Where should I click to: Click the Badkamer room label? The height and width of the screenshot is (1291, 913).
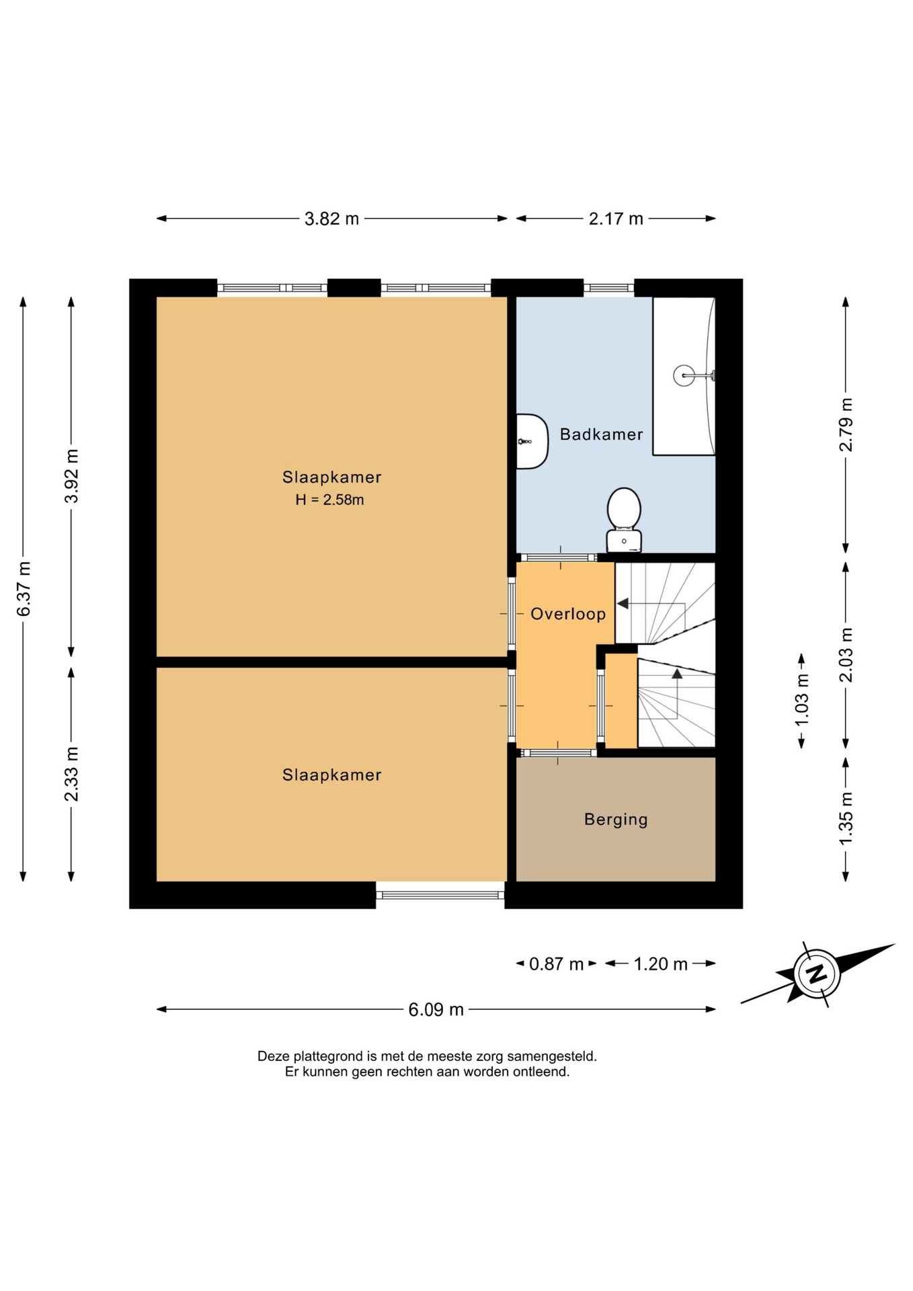tap(601, 434)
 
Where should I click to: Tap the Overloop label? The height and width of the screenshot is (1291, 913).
tap(568, 614)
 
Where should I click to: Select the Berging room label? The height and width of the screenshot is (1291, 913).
tap(616, 820)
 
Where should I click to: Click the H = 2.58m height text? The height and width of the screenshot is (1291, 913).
tap(329, 500)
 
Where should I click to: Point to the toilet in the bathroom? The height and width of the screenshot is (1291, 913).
tap(624, 520)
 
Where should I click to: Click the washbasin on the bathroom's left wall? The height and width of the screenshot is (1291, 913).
tap(532, 441)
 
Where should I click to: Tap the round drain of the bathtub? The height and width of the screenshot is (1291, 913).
tap(684, 375)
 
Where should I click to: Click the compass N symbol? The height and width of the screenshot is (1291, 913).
tap(817, 974)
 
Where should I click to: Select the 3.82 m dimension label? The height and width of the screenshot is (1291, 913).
tap(331, 219)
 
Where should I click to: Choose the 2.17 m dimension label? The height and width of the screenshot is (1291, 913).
tap(616, 219)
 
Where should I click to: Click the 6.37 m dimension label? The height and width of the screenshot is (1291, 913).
tap(24, 588)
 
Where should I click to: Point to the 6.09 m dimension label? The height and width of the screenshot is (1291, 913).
tap(436, 1009)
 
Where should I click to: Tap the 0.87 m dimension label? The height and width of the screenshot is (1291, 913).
tap(556, 964)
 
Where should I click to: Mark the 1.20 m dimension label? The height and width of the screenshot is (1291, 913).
tap(660, 964)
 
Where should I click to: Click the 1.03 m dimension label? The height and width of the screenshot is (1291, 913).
tap(801, 700)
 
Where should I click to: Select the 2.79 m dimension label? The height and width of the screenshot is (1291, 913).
tap(846, 424)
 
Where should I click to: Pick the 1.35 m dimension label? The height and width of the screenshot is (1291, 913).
tap(846, 818)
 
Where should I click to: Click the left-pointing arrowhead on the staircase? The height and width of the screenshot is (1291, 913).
tap(623, 604)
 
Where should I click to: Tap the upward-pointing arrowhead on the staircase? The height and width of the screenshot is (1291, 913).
tap(677, 673)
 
